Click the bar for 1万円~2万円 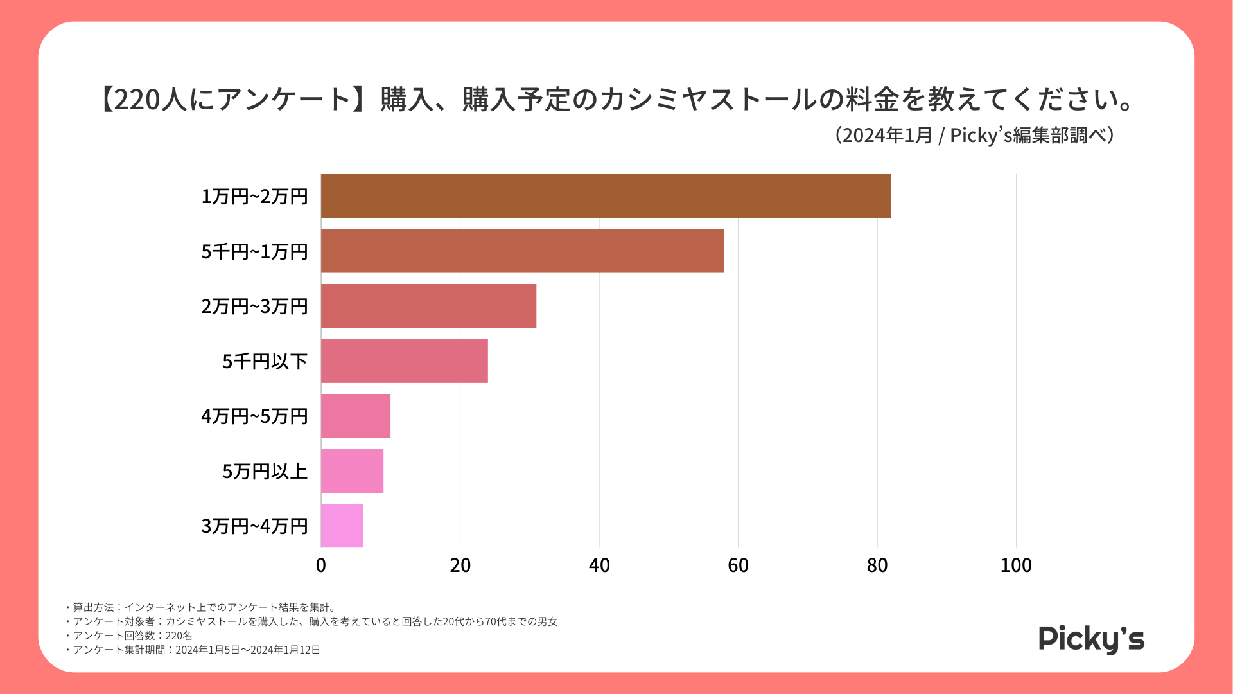point(606,196)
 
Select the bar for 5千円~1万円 point(522,251)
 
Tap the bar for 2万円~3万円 point(428,306)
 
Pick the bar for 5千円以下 point(404,361)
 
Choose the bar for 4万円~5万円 point(355,416)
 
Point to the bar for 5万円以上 point(352,471)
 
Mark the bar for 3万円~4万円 point(342,526)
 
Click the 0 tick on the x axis point(321,565)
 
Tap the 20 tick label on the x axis point(460,565)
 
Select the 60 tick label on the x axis point(738,565)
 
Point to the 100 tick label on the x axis point(1016,565)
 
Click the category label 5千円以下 point(265,362)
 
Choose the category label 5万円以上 point(265,472)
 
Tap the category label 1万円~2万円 point(254,197)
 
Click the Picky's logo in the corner point(1091,639)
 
